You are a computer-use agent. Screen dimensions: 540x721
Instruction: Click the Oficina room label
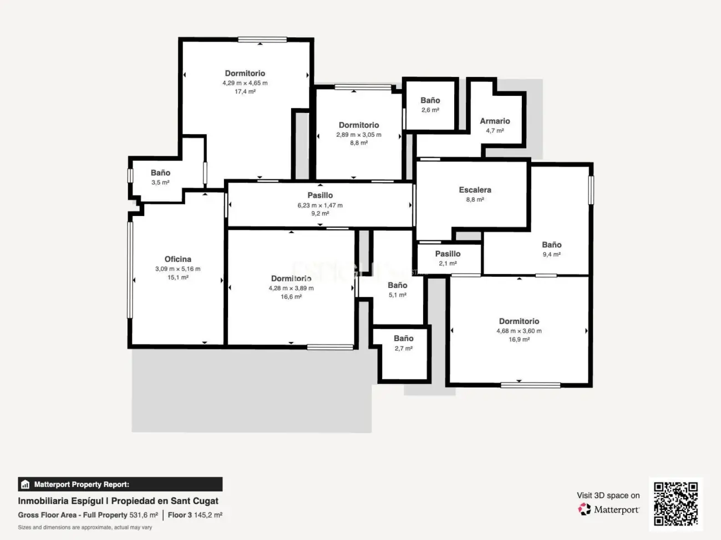[177, 259]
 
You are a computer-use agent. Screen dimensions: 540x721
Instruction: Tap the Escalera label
[475, 190]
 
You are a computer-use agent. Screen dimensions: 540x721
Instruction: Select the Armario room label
[495, 121]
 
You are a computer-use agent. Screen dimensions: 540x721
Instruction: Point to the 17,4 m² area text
[245, 92]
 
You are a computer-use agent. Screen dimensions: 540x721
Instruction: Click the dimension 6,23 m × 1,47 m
[320, 205]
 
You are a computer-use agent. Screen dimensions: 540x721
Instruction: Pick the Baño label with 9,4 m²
[551, 245]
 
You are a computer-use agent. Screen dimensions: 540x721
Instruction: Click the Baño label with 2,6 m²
[430, 100]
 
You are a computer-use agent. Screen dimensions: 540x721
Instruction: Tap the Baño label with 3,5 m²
[160, 173]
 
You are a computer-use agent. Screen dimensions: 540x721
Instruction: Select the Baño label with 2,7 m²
[403, 338]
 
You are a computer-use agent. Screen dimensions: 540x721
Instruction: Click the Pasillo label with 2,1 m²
[448, 254]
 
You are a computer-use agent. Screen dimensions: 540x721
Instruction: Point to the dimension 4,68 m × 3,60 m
[519, 331]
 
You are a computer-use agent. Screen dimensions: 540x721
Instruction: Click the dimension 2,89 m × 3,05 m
[359, 135]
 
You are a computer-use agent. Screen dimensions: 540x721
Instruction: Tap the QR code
[676, 503]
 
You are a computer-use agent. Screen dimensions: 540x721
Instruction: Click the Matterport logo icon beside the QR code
[585, 509]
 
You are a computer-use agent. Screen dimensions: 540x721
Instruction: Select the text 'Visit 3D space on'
[608, 495]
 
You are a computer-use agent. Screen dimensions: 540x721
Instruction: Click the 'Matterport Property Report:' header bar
[120, 484]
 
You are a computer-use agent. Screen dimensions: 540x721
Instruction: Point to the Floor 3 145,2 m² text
[195, 515]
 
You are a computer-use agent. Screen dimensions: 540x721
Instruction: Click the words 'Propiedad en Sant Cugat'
[165, 501]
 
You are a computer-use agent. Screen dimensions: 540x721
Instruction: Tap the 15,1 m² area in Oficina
[177, 277]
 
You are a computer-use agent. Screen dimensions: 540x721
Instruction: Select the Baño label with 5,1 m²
[397, 286]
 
